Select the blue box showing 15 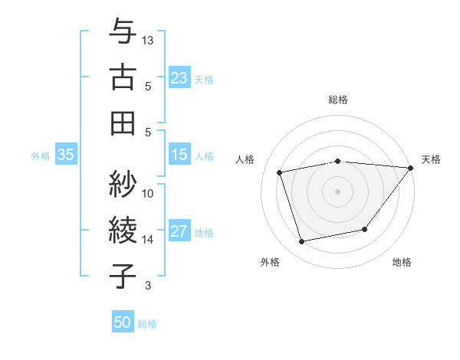(x=179, y=155)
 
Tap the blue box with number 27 (x=179, y=231)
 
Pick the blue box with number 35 (x=66, y=155)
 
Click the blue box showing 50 (x=123, y=322)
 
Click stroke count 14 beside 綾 (x=149, y=240)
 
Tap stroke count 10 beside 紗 (x=149, y=194)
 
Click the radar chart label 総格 (x=337, y=100)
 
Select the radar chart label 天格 (x=431, y=159)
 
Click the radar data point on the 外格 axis (x=302, y=241)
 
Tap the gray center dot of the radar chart (x=337, y=191)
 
